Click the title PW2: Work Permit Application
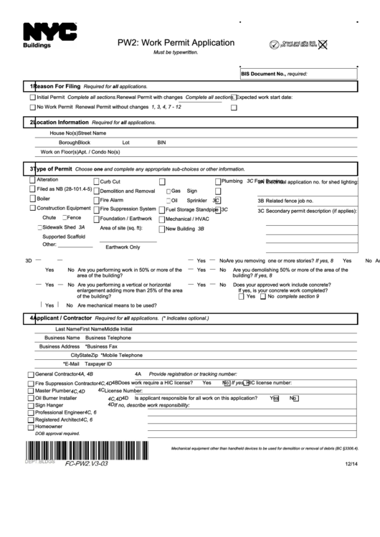[x=176, y=42]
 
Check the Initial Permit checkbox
[x=32, y=98]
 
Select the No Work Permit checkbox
[x=32, y=108]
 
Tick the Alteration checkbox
[x=32, y=180]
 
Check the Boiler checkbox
[x=32, y=199]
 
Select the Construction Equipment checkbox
[x=32, y=209]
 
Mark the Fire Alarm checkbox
[x=96, y=200]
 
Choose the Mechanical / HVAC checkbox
[x=161, y=219]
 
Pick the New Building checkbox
[x=161, y=229]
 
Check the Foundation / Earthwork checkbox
[x=96, y=219]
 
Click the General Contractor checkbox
[x=31, y=374]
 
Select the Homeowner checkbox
[x=31, y=427]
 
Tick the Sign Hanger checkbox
[x=31, y=405]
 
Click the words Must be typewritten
[x=175, y=53]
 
